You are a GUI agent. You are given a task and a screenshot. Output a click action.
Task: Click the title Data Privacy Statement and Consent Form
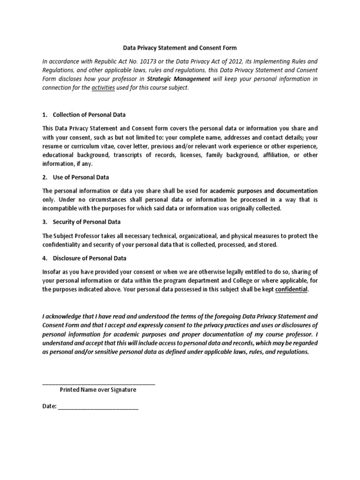click(180, 48)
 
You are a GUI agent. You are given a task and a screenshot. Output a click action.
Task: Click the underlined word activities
click(103, 88)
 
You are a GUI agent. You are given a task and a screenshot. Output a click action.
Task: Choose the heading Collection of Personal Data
click(89, 115)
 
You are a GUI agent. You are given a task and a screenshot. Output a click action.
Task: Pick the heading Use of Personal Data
click(81, 177)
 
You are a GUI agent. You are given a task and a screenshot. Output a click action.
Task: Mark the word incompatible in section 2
click(62, 209)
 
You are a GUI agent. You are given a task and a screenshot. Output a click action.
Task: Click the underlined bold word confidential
click(292, 290)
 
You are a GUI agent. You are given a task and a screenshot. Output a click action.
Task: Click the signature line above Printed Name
click(98, 384)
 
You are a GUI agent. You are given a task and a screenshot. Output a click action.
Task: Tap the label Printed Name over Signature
click(98, 390)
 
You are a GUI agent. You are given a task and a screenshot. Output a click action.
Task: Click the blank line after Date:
click(98, 407)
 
